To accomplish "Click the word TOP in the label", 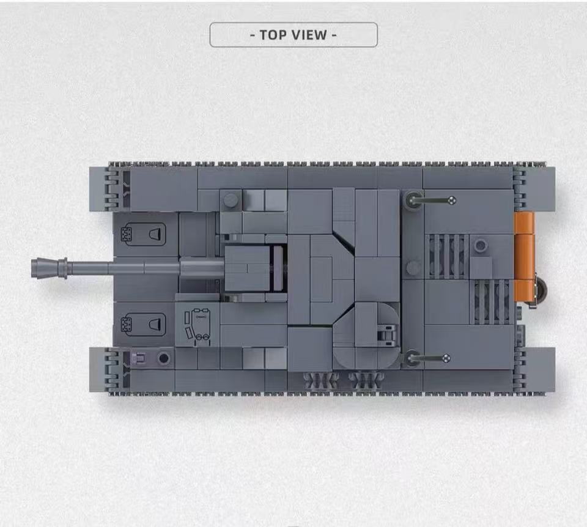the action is [274, 35].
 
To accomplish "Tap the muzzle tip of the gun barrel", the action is [32, 268].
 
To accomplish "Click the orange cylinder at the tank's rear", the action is [524, 257].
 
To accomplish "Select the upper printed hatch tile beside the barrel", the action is [143, 234].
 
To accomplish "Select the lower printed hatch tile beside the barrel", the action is [143, 324].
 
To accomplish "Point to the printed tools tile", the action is [198, 325].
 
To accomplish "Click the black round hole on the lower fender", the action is [164, 358].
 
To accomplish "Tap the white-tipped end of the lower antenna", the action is [446, 359].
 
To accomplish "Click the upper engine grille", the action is [448, 256].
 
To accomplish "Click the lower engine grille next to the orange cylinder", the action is [492, 302].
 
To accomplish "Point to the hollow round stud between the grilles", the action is [481, 246].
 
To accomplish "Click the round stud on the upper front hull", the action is [231, 200].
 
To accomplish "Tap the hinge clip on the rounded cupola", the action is [386, 334].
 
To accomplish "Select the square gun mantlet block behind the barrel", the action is [247, 268].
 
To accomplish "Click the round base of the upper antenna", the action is [413, 200].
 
